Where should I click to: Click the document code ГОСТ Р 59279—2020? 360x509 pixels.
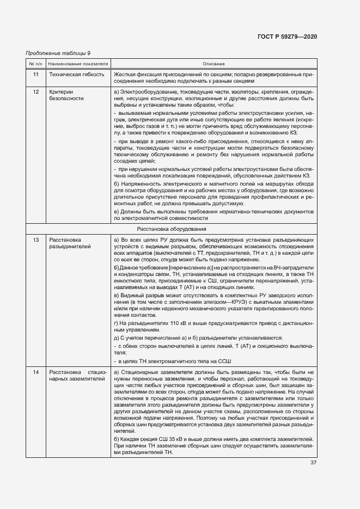coord(286,36)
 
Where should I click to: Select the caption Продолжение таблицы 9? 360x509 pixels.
coord(58,53)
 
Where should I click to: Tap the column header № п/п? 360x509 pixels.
coord(35,64)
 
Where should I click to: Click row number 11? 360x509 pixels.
coord(35,74)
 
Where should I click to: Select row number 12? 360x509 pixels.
coord(35,91)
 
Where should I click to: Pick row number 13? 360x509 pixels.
coord(35,240)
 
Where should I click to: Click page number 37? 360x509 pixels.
coord(313,463)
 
